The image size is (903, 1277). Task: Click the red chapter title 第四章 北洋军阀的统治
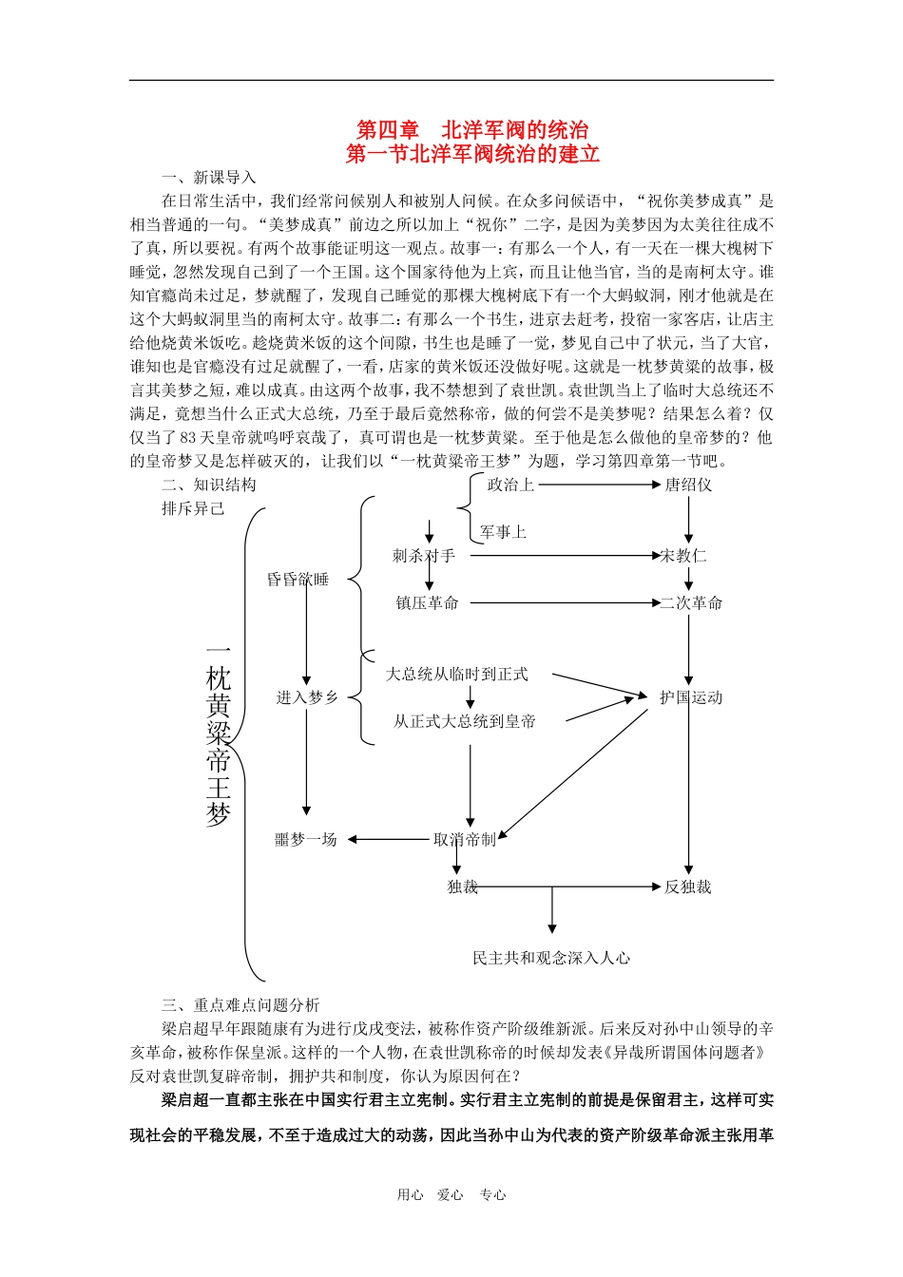[x=472, y=130]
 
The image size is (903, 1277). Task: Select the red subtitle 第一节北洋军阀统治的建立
[x=472, y=154]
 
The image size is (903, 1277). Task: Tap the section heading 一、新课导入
[x=209, y=178]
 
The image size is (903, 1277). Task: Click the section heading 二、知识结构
[x=209, y=485]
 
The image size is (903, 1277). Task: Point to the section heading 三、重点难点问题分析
[x=240, y=1005]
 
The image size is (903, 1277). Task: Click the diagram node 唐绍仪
[x=688, y=485]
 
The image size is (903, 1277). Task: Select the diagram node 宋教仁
[x=684, y=556]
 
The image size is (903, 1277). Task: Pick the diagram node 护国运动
[x=691, y=697]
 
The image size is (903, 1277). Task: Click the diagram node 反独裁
[x=687, y=887]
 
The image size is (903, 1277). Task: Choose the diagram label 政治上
[x=510, y=485]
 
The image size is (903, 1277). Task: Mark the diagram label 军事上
[x=503, y=532]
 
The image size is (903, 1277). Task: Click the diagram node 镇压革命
[x=427, y=603]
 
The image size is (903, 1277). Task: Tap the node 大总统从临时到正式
[x=456, y=675]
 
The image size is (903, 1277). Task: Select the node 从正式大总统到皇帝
[x=465, y=722]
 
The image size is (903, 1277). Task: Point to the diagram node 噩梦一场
[x=306, y=840]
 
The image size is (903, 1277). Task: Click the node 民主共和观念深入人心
[x=551, y=959]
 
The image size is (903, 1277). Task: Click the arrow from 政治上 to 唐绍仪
[x=599, y=485]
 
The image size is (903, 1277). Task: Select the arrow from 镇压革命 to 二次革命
[x=565, y=603]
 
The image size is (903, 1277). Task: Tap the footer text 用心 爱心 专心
[x=451, y=1195]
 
